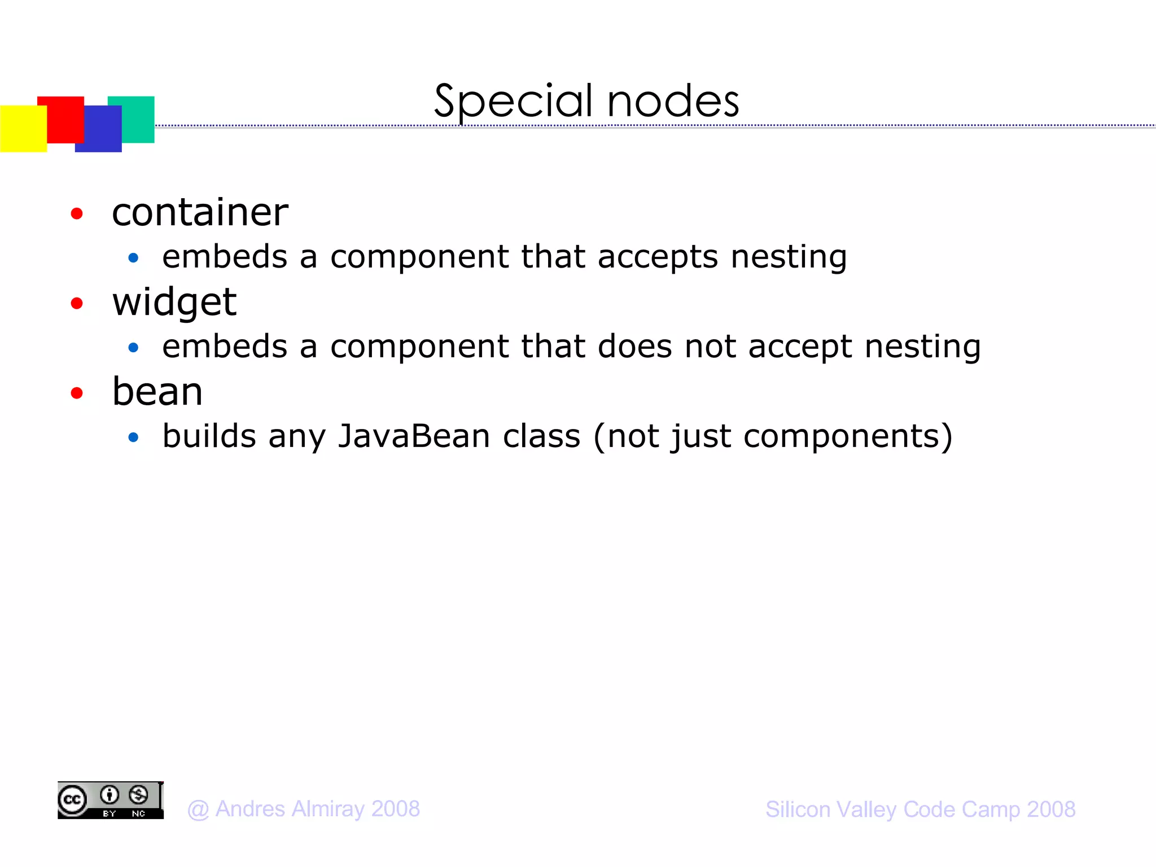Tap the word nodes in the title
(x=673, y=102)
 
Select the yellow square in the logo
(x=23, y=129)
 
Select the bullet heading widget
(x=174, y=303)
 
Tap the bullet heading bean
(x=157, y=392)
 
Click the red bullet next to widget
(x=77, y=304)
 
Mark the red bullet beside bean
(x=77, y=393)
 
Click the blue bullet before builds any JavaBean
(x=133, y=437)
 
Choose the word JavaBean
(x=414, y=436)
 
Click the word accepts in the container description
(x=658, y=257)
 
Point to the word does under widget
(x=634, y=346)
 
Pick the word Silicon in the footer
(x=798, y=809)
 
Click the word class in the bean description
(x=541, y=436)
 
